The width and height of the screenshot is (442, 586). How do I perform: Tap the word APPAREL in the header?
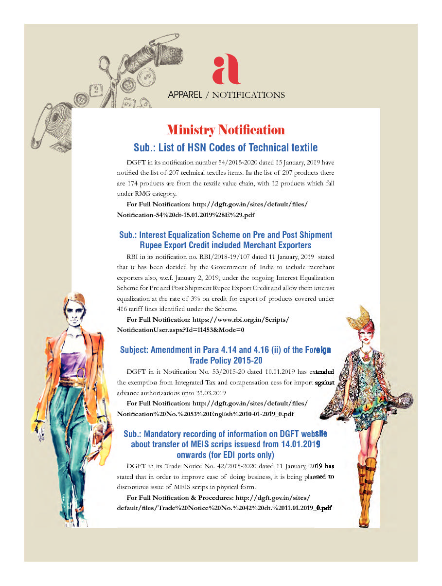[x=185, y=95]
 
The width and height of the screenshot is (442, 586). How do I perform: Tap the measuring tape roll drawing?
[x=64, y=116]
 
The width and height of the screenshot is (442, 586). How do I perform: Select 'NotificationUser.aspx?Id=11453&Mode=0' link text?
[x=180, y=330]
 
